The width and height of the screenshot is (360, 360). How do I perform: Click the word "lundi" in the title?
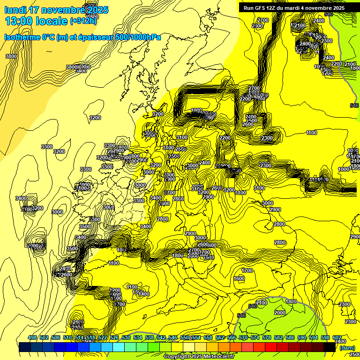pos(15,10)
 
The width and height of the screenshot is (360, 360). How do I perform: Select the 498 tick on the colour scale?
pos(32,337)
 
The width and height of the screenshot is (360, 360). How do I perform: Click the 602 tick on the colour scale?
pos(336,337)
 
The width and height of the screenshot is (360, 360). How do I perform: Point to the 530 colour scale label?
pos(126,337)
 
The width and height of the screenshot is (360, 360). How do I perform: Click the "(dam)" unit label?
pos(347,347)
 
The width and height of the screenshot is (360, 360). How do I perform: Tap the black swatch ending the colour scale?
pos(330,347)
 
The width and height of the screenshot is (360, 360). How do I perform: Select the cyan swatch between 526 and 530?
pos(119,347)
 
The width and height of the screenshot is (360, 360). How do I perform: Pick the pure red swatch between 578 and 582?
pos(271,347)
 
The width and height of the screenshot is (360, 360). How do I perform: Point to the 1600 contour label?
pos(239,278)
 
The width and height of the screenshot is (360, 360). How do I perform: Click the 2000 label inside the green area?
pos(279,313)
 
